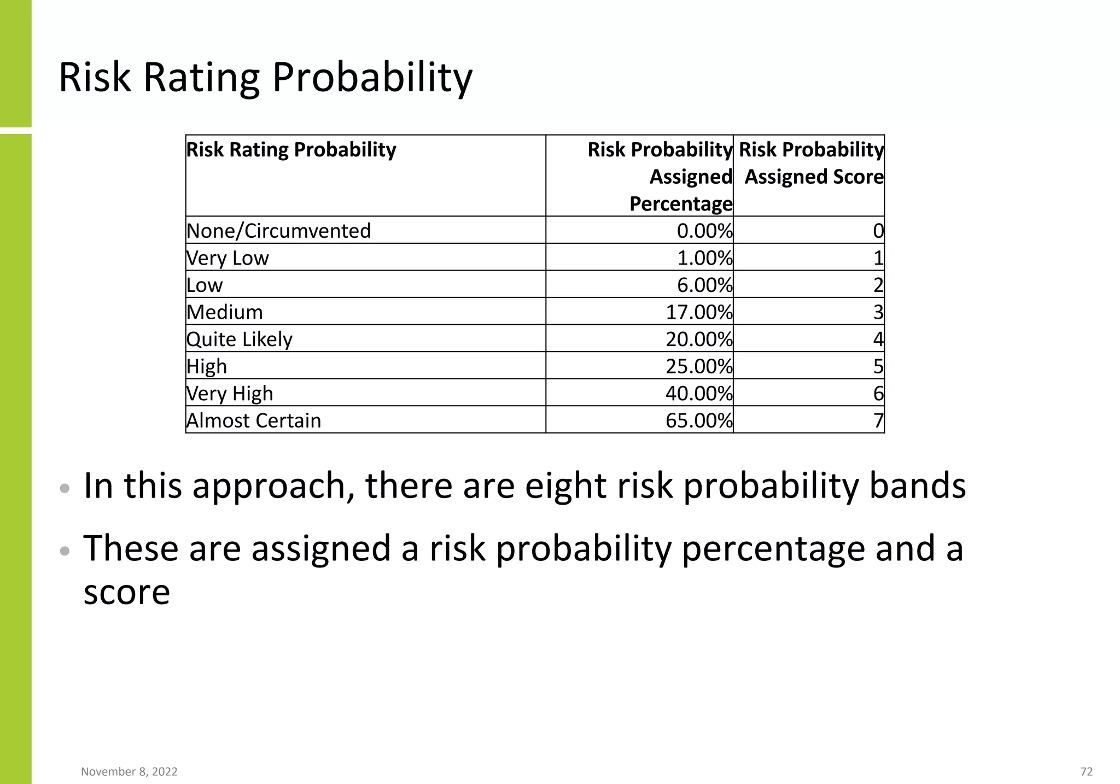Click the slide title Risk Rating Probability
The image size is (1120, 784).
265,78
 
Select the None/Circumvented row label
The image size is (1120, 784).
278,231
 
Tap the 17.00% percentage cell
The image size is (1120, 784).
698,312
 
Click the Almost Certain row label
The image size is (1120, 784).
254,420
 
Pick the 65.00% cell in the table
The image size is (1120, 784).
698,420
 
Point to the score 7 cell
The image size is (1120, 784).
878,420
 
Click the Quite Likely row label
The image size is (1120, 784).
240,339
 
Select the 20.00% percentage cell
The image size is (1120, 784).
698,339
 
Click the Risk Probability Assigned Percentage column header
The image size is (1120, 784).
660,176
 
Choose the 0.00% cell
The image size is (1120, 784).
704,231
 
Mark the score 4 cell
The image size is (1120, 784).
878,339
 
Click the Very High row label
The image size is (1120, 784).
230,393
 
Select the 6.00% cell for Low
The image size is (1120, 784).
704,285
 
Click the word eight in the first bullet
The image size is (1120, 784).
566,486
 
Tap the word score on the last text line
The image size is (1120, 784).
127,592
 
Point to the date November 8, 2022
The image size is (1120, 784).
129,771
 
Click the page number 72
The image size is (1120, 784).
1086,771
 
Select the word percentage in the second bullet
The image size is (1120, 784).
773,549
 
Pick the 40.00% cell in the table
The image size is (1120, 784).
698,393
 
